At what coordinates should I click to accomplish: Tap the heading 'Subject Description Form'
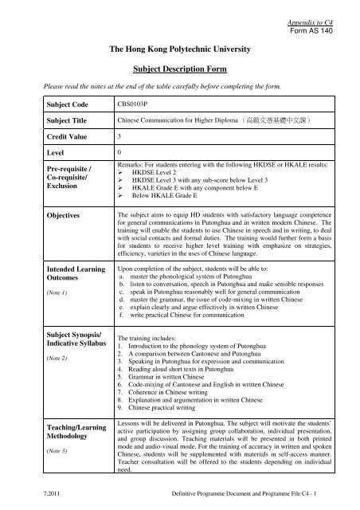[180, 68]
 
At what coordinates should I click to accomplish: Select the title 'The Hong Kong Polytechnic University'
[180, 49]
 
